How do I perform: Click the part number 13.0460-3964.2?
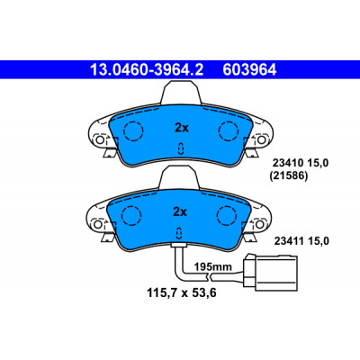147,70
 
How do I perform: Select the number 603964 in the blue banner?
249,70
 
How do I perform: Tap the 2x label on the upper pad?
182,128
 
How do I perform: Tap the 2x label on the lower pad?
180,212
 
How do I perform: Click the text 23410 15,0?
301,163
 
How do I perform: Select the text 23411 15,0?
301,241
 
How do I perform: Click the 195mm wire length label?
212,266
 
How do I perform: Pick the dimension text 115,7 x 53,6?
182,292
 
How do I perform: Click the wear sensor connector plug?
270,273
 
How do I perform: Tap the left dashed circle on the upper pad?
133,130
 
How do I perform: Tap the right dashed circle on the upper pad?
229,130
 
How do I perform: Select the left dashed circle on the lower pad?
131,216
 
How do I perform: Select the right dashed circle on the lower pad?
227,216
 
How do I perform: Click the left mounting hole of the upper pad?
99,139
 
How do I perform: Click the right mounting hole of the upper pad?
261,139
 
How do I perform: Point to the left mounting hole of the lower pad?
97,224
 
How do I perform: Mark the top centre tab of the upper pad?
182,94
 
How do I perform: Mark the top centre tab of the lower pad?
179,178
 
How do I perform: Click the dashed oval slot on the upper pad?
181,148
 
